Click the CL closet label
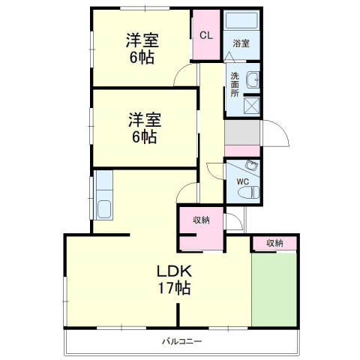205,34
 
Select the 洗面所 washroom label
235,85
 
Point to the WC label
241,182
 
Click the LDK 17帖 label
174,278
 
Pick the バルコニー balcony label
181,342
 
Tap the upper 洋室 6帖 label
140,49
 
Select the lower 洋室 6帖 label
142,127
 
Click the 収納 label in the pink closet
200,220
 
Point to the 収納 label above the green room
274,243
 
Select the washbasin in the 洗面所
253,78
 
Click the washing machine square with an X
251,106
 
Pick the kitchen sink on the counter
103,208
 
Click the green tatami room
274,289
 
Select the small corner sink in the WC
253,166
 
